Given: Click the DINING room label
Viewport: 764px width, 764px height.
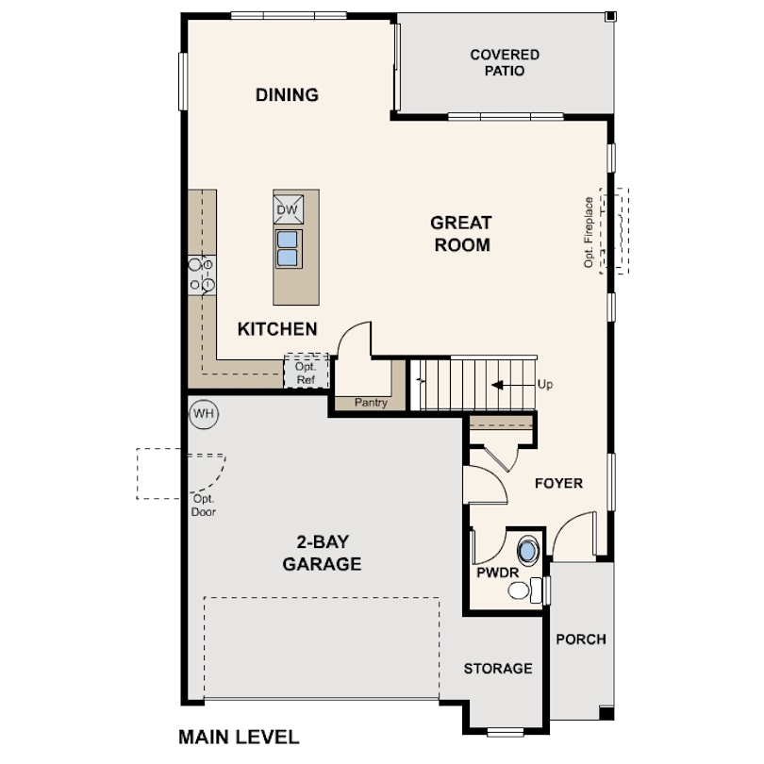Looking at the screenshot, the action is point(287,94).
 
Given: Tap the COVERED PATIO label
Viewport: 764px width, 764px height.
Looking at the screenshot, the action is point(505,62).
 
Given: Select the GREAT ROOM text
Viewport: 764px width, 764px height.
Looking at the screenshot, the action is point(461,233).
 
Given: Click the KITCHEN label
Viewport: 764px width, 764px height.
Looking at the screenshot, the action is point(277,329).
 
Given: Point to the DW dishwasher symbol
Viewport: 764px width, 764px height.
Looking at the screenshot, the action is point(288,209).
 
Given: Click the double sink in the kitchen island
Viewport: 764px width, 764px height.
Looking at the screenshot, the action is point(288,248).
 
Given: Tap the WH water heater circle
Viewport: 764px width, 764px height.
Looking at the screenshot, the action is point(204,414).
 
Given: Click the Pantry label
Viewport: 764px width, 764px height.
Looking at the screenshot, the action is point(371,403).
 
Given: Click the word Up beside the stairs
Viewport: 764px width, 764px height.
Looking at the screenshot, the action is point(545,385).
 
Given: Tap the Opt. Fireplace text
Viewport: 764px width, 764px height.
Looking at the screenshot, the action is point(589,232).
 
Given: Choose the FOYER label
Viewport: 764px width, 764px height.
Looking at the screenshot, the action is point(559,483).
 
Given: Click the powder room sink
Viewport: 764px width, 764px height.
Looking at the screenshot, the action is point(527,551).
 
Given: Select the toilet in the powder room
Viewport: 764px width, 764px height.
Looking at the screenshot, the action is point(524,590).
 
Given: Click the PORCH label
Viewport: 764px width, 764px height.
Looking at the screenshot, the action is point(581,639).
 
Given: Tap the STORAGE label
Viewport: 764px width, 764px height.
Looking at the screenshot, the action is point(498,669).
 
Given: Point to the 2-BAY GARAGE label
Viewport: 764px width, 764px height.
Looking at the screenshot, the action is point(322,553).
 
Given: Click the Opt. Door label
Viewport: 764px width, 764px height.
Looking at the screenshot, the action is point(204,506).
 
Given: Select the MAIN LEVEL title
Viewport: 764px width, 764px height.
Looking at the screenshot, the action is point(239,737).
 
